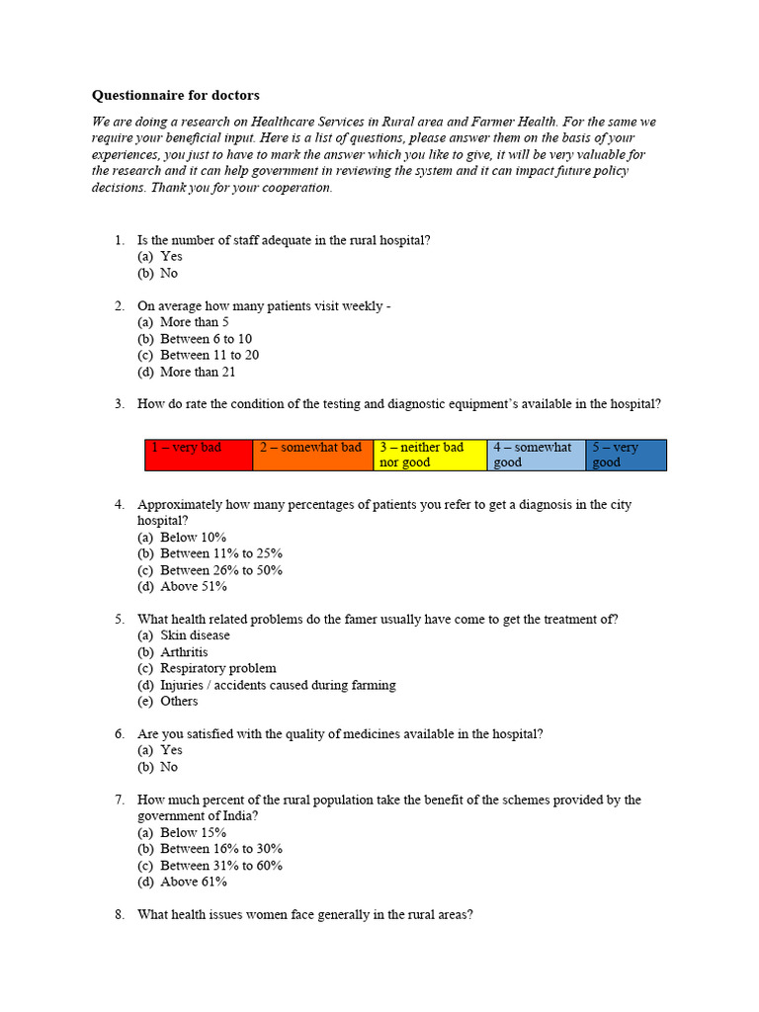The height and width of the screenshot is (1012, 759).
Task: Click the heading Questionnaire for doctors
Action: click(x=176, y=96)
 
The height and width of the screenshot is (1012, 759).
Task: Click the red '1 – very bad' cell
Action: click(x=199, y=455)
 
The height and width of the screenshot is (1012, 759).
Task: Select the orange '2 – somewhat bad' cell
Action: click(x=311, y=455)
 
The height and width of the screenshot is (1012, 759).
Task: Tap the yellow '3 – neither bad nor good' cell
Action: click(x=430, y=455)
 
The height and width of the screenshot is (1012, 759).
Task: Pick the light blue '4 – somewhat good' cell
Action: click(x=536, y=455)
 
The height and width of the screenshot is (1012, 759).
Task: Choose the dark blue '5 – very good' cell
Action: click(x=626, y=455)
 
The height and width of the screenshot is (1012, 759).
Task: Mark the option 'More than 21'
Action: click(x=198, y=373)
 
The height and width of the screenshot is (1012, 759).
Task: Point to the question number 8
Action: click(x=120, y=915)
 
